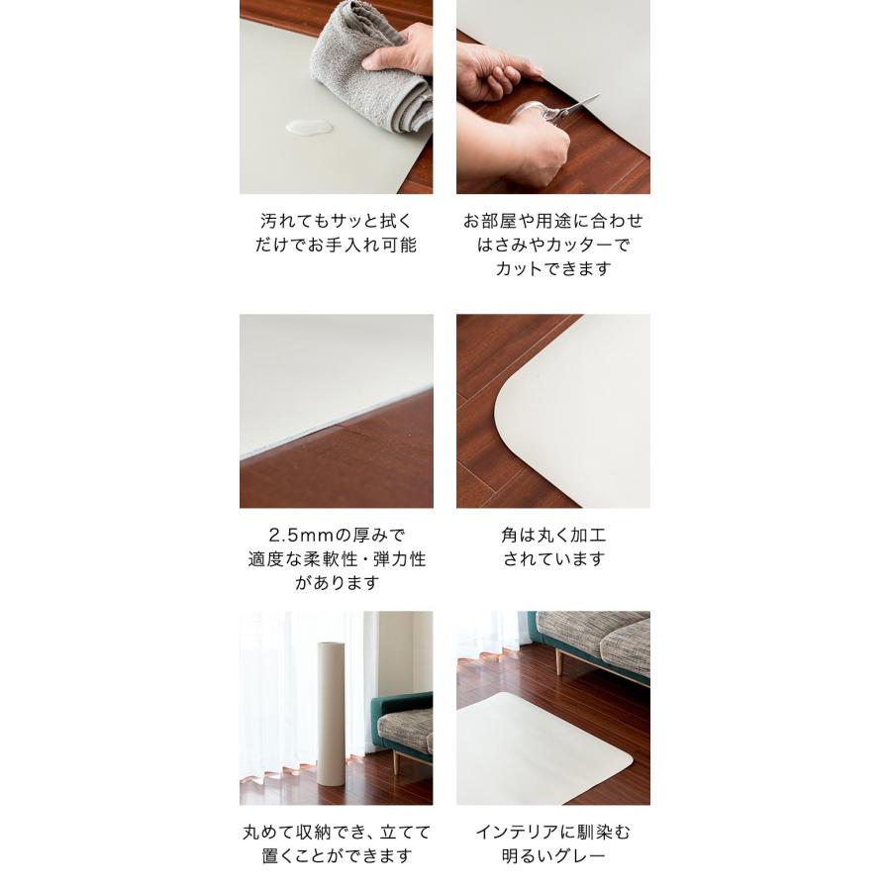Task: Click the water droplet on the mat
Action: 306,128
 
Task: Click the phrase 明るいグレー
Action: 553,856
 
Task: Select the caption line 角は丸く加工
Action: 553,536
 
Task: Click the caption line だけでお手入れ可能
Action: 336,245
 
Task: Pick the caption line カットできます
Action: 553,268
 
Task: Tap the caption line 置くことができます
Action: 336,856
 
